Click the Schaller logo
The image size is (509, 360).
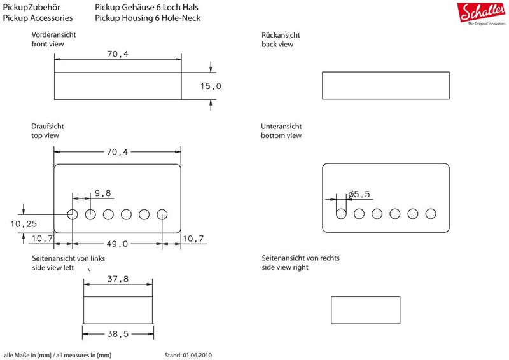(482, 13)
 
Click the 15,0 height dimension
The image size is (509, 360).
(211, 86)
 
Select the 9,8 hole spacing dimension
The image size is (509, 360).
(103, 193)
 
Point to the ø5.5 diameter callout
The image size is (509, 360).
(359, 194)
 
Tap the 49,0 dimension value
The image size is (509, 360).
(117, 244)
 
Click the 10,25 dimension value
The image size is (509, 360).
(24, 224)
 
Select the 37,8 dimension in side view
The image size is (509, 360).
(118, 279)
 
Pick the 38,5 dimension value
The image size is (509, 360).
(118, 334)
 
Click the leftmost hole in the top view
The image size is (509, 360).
(73, 214)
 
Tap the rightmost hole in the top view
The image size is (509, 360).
(162, 214)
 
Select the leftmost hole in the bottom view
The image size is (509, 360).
(341, 214)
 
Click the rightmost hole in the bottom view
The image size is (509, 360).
(431, 214)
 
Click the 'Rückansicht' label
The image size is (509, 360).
(281, 35)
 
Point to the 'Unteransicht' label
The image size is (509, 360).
(281, 127)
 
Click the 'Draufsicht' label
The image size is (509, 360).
(47, 127)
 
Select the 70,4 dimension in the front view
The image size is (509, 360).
(118, 54)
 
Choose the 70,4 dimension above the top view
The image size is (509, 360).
(117, 152)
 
